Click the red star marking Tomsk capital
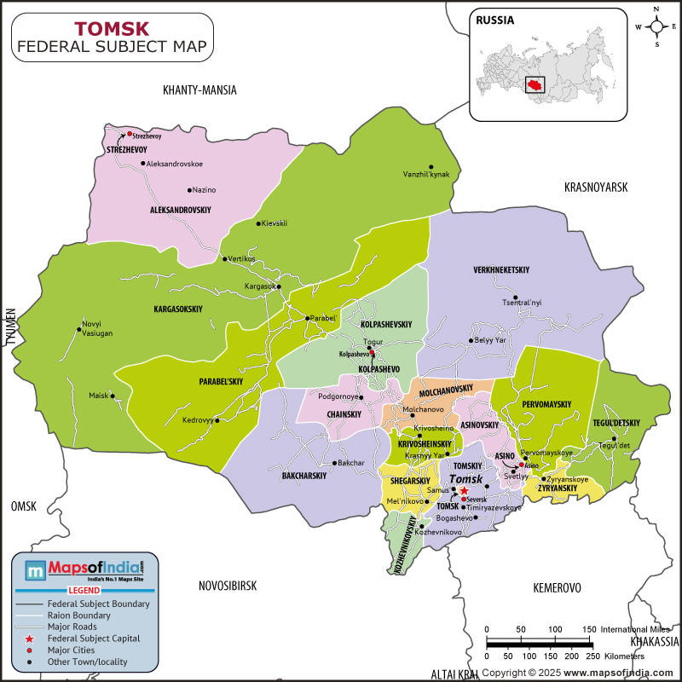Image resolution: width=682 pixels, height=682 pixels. [x=464, y=491]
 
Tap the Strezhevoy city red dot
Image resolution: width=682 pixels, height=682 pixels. [x=130, y=134]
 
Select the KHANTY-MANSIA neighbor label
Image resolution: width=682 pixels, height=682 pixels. [x=199, y=90]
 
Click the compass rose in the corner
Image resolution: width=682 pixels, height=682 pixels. [x=658, y=26]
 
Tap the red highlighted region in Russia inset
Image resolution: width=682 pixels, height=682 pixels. [x=535, y=85]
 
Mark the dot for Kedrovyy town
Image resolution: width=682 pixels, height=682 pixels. [x=217, y=420]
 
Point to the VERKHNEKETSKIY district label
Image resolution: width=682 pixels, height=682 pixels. [x=501, y=270]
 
